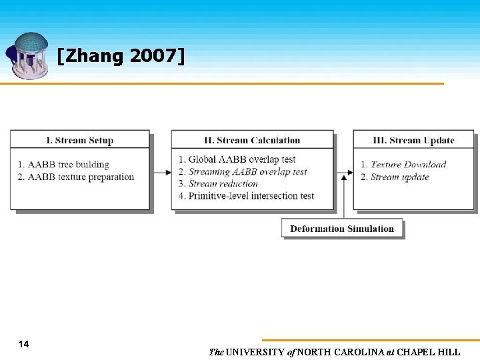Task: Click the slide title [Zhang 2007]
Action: pyautogui.click(x=121, y=56)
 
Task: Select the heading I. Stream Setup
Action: pyautogui.click(x=79, y=140)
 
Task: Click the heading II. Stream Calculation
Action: pyautogui.click(x=252, y=140)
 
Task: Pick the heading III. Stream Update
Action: pyautogui.click(x=413, y=140)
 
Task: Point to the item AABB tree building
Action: pyautogui.click(x=68, y=165)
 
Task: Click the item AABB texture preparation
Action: pyautogui.click(x=81, y=177)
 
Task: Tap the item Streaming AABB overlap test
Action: pyautogui.click(x=247, y=171)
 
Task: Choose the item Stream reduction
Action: pyautogui.click(x=223, y=183)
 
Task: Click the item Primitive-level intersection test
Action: pyautogui.click(x=251, y=195)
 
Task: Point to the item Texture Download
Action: pyautogui.click(x=408, y=165)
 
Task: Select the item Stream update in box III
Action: pyautogui.click(x=399, y=177)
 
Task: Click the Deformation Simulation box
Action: pyautogui.click(x=342, y=229)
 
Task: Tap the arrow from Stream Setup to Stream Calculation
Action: pyautogui.click(x=161, y=172)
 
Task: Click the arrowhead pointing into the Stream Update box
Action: pyautogui.click(x=348, y=172)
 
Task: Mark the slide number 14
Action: pyautogui.click(x=24, y=344)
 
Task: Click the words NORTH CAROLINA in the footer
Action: pyautogui.click(x=341, y=352)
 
